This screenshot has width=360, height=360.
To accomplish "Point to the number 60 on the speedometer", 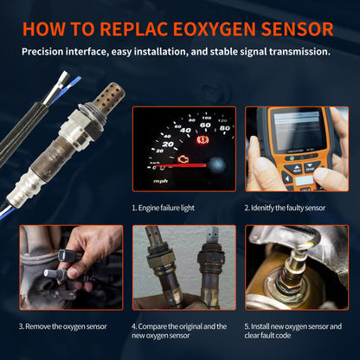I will pyautogui.click(x=203, y=119).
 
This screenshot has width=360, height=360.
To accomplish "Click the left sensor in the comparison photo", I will pyautogui.click(x=161, y=268).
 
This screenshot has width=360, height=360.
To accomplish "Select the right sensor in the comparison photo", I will pyautogui.click(x=208, y=268).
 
